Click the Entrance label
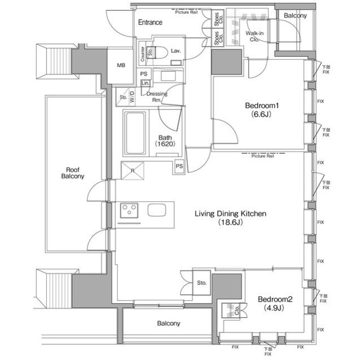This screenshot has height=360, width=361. pyautogui.click(x=150, y=23)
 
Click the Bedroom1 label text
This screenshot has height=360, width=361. pyautogui.click(x=262, y=105)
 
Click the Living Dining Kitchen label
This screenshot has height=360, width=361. pyautogui.click(x=230, y=214)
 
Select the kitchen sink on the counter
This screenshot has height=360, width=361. pyautogui.click(x=157, y=211)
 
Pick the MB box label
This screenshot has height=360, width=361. pyautogui.click(x=121, y=65)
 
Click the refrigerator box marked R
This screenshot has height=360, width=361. pyautogui.click(x=131, y=170)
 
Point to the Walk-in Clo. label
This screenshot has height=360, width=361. pyautogui.click(x=254, y=37)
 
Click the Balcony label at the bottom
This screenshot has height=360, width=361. pyautogui.click(x=169, y=323)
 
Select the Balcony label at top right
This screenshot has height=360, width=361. pyautogui.click(x=295, y=16)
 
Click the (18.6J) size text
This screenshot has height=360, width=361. pyautogui.click(x=230, y=223)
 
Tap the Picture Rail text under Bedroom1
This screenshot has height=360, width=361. pyautogui.click(x=263, y=156)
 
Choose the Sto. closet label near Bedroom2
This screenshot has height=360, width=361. pyautogui.click(x=202, y=282)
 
